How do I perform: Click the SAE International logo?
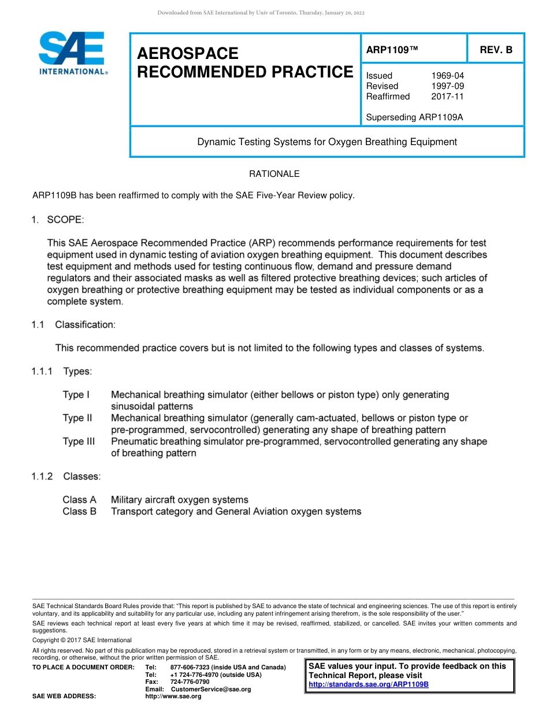(72, 53)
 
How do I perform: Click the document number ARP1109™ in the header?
(392, 50)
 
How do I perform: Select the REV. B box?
(496, 50)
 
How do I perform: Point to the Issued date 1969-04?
(447, 76)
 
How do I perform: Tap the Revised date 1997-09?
(447, 86)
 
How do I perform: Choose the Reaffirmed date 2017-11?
(447, 97)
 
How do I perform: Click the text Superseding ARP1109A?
(414, 117)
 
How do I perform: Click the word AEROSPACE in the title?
(188, 54)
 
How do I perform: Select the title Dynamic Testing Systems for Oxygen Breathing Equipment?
(327, 142)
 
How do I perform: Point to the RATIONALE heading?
(274, 174)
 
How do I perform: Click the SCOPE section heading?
(65, 220)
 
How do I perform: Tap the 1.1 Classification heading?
(85, 325)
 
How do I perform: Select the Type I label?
(76, 395)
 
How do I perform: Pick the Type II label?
(77, 418)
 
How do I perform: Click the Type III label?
(79, 442)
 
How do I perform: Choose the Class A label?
(79, 499)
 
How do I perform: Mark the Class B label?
(79, 512)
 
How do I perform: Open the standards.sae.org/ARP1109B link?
(369, 684)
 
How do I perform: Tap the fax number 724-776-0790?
(190, 682)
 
